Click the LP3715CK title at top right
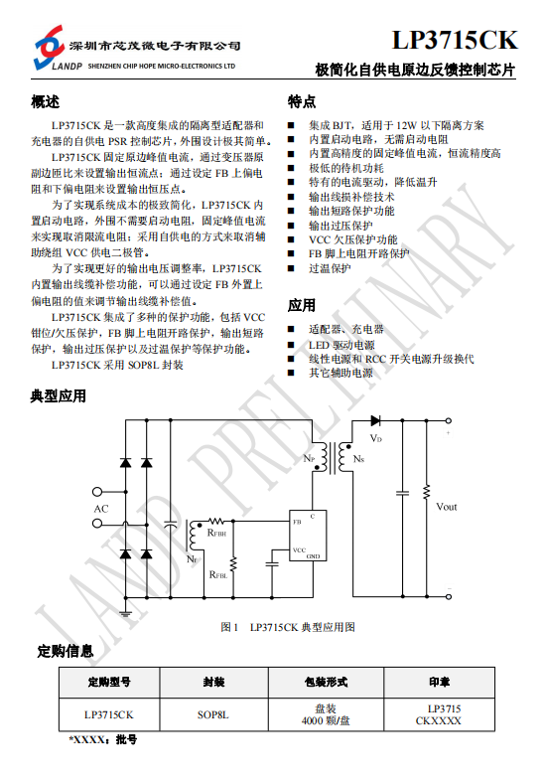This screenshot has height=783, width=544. [455, 40]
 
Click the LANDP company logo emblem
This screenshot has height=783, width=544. [49, 47]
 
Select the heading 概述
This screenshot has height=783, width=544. [45, 102]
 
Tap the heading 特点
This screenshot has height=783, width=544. [302, 102]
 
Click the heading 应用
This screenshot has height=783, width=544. [302, 305]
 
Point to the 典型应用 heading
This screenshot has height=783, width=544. [59, 396]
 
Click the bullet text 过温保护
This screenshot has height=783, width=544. [330, 268]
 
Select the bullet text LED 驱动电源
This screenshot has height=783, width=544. [341, 345]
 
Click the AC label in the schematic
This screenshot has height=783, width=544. [101, 509]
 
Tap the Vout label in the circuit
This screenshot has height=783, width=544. [446, 507]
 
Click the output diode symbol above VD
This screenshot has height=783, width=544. [375, 420]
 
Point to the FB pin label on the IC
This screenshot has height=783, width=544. [297, 522]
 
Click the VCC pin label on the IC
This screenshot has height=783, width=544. [299, 549]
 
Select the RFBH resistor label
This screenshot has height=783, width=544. [216, 533]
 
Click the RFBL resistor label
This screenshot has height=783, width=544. [218, 574]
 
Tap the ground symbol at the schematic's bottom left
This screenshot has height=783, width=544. [125, 612]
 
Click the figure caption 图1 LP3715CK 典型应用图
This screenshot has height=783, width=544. [288, 627]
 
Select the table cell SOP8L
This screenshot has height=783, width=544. [213, 715]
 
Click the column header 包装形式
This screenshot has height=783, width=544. [326, 682]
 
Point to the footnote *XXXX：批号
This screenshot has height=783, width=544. [102, 739]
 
